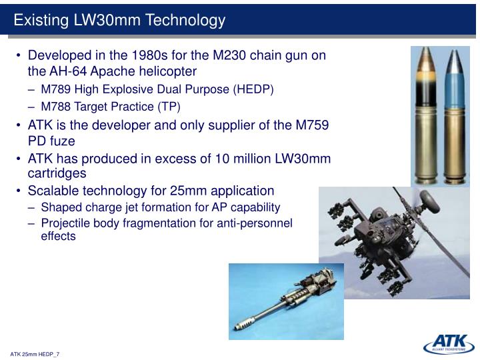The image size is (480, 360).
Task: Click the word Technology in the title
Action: click(185, 20)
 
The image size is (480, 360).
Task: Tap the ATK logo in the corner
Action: click(449, 343)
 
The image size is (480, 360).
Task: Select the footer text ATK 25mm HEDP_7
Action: click(35, 354)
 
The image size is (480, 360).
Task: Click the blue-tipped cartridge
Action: click(455, 116)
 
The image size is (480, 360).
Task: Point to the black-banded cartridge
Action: click(425, 116)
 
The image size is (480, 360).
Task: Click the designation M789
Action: click(56, 89)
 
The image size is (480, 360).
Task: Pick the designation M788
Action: click(56, 107)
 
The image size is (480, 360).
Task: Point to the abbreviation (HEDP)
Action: click(253, 89)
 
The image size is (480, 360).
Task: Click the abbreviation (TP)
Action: click(169, 107)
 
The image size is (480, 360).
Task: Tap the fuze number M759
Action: click(312, 125)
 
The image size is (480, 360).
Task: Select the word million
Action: click(252, 159)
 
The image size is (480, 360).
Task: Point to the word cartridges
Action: click(57, 173)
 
